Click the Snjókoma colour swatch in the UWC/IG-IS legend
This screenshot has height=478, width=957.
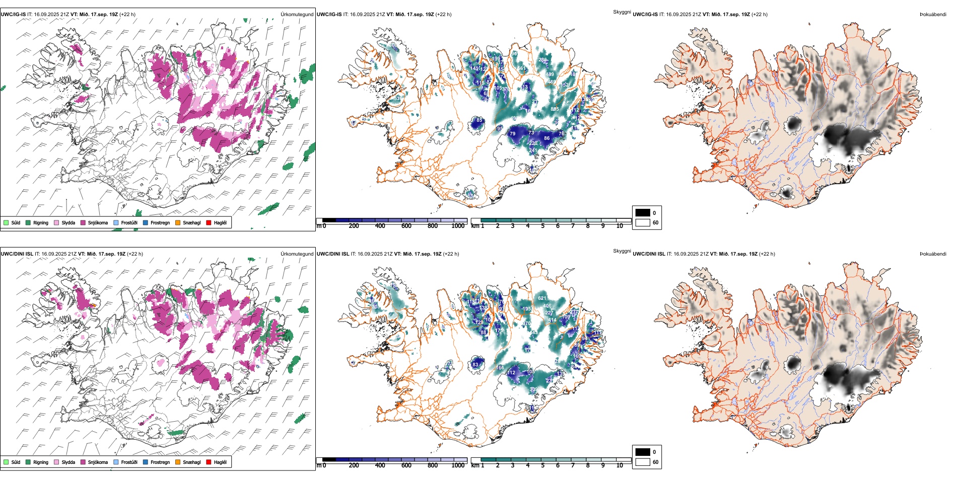pos(83,222)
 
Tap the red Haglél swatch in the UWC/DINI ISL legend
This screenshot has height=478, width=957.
pos(209,462)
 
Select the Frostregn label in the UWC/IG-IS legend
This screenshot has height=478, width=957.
pos(160,222)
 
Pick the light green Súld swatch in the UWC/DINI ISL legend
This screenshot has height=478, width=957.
pos(6,462)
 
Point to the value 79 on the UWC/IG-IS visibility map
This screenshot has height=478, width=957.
pos(513,134)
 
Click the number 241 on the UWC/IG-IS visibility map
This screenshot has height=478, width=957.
pos(533,150)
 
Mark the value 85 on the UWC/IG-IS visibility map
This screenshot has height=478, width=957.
pos(479,120)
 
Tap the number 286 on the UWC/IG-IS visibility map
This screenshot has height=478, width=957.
pos(542,60)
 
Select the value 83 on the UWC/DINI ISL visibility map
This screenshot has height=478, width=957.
pos(475,365)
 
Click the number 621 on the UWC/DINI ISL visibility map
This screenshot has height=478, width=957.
pos(542,298)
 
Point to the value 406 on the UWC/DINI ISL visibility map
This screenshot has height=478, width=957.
pos(547,306)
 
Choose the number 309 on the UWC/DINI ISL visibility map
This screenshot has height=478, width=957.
pos(533,390)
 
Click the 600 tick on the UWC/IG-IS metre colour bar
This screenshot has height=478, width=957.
pos(406,226)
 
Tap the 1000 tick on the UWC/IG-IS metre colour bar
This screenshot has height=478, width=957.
pos(458,226)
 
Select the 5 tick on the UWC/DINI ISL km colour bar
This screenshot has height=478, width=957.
pos(543,465)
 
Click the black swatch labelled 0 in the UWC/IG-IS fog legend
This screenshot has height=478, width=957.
pos(643,213)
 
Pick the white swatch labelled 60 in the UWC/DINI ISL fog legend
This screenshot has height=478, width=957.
pos(643,462)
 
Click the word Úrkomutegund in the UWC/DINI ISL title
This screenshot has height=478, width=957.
pos(297,254)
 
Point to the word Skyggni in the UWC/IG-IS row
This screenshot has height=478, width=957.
pos(622,12)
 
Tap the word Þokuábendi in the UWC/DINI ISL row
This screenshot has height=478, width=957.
pos(933,254)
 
